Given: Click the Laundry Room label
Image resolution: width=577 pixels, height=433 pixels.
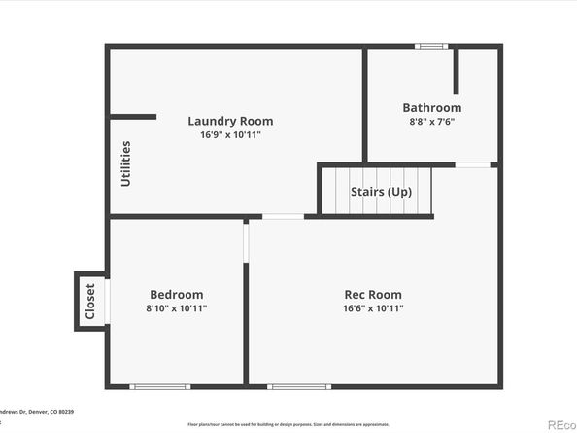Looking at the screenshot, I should coord(230,122).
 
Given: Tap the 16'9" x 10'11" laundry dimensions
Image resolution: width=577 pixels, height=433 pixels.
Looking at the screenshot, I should coord(230,135).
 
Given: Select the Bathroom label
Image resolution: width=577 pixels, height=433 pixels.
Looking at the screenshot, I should coord(432,108).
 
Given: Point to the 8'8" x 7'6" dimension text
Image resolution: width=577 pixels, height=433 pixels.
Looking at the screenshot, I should coord(432,122).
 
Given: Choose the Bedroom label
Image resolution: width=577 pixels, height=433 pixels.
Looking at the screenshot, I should coord(176,295).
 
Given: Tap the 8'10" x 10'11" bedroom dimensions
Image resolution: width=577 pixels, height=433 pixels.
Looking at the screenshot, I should coord(176,308).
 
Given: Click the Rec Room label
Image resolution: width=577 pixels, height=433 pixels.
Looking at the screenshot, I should coord(373,295).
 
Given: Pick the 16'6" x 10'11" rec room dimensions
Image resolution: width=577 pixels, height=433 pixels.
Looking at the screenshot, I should coord(373,308).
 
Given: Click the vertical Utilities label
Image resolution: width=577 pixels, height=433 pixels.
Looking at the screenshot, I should coord(125,163).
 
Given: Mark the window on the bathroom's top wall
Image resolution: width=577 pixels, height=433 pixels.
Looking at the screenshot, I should coord(431,46).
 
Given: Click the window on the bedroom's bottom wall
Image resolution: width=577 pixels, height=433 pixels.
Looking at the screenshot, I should coord(160,386).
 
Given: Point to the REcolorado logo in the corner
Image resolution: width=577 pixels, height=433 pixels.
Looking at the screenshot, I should coord(560,424).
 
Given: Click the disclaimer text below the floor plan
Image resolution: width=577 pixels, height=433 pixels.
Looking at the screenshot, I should coord(288,424).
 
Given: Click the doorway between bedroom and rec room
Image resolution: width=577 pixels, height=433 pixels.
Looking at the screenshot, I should coord(246,241).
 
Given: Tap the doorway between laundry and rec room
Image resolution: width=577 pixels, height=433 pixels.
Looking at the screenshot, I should coord(283,216).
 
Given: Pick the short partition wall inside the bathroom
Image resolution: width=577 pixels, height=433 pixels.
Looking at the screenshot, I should coord(456,70).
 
